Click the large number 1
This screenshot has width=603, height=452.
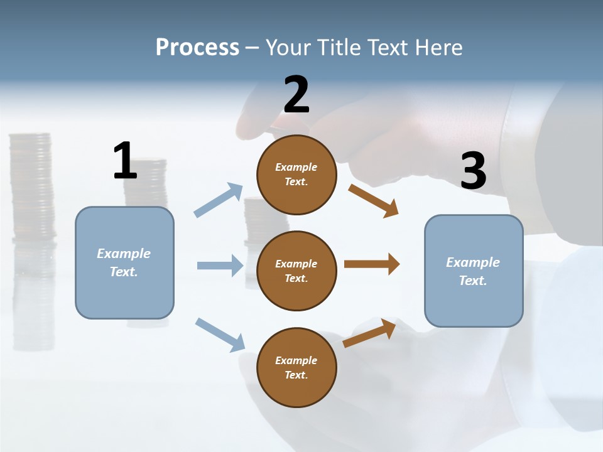(x=125, y=161)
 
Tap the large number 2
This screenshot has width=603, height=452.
(x=296, y=95)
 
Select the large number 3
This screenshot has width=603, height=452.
(x=474, y=171)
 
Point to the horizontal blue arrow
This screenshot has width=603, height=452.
(x=220, y=266)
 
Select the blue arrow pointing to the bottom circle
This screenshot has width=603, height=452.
(x=220, y=334)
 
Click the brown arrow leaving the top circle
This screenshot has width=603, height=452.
(x=373, y=200)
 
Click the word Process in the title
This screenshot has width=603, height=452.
(x=197, y=47)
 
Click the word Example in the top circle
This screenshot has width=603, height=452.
(x=296, y=167)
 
